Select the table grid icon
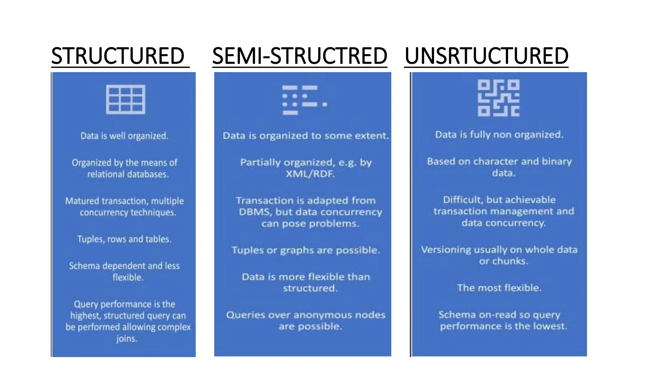pyautogui.click(x=125, y=99)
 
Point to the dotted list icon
pyautogui.click(x=304, y=100)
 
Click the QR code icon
pyautogui.click(x=498, y=98)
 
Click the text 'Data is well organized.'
pyautogui.click(x=125, y=136)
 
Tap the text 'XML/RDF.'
pyautogui.click(x=310, y=174)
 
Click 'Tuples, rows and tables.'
pyautogui.click(x=125, y=239)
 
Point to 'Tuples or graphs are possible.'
pyautogui.click(x=306, y=250)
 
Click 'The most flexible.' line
pyautogui.click(x=499, y=288)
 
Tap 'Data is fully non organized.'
pyautogui.click(x=499, y=135)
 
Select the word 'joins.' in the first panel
pyautogui.click(x=127, y=339)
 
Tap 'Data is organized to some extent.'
pyautogui.click(x=306, y=135)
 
